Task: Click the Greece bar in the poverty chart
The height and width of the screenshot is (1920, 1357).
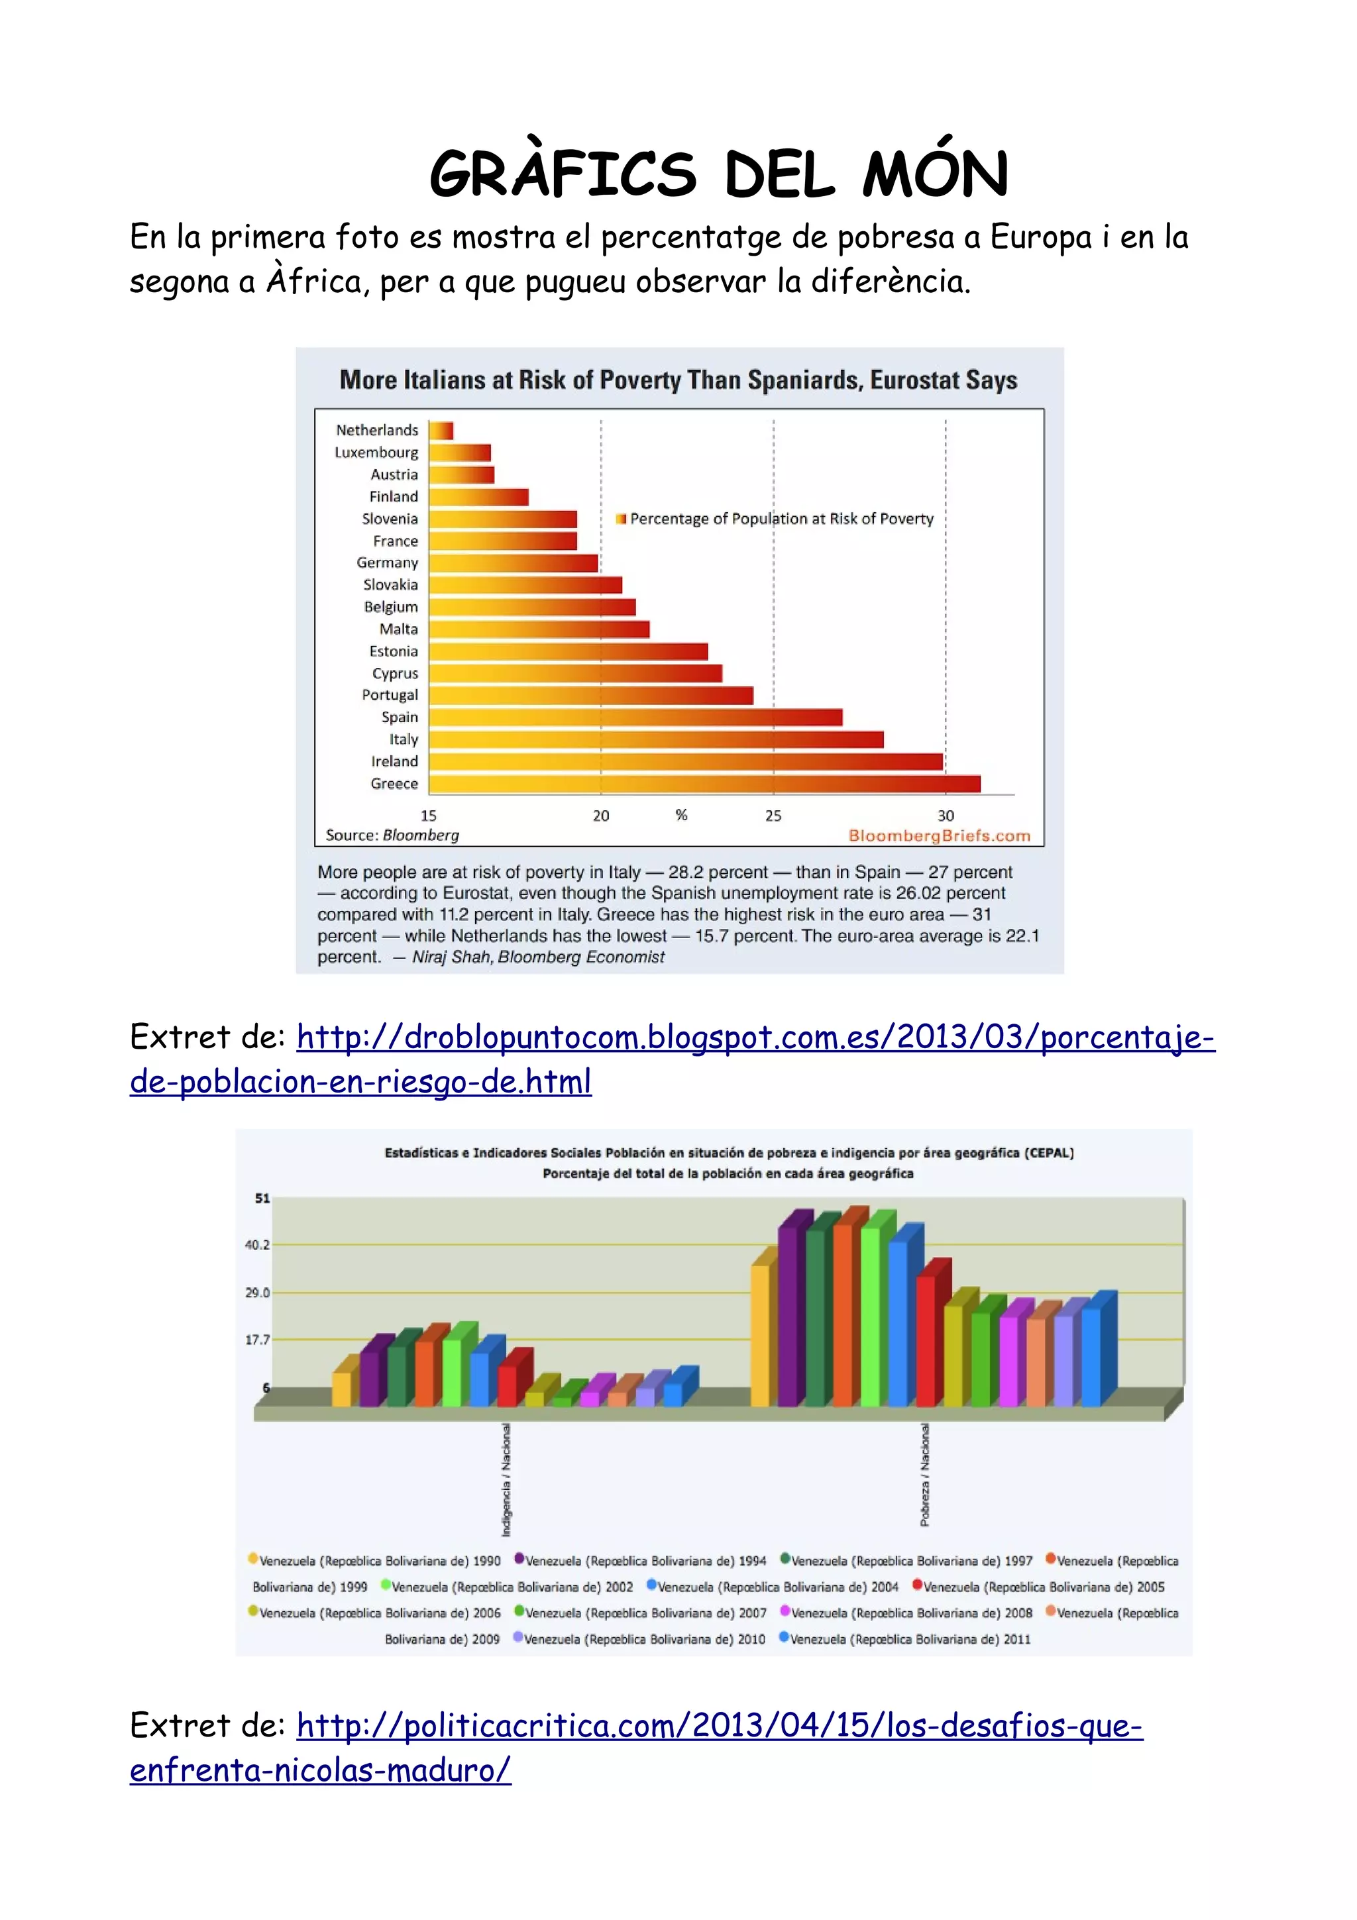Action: [x=704, y=784]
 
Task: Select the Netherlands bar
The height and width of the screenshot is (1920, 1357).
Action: [x=441, y=431]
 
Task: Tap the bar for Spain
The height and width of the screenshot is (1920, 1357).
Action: [x=635, y=718]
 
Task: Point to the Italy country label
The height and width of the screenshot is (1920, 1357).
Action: [x=403, y=739]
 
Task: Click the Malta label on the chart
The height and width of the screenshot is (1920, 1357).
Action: [x=398, y=629]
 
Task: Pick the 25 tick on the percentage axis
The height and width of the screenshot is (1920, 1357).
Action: [x=773, y=816]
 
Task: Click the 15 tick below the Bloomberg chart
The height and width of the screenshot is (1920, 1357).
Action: [x=428, y=816]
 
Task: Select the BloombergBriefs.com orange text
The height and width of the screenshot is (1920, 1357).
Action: [x=939, y=835]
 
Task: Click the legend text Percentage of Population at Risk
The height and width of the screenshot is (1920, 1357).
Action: [x=781, y=519]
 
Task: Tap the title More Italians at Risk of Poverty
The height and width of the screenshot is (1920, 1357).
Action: [x=678, y=380]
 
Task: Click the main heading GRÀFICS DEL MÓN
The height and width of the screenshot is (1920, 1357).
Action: [x=718, y=175]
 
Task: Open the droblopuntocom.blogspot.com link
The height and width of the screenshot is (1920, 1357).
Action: [x=755, y=1038]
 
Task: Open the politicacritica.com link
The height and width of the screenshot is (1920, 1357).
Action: [x=719, y=1726]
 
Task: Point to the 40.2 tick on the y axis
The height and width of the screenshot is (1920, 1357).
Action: [x=256, y=1245]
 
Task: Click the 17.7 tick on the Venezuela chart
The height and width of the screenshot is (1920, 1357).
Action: [x=256, y=1340]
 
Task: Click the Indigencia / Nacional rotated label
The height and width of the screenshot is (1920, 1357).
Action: [x=506, y=1479]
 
